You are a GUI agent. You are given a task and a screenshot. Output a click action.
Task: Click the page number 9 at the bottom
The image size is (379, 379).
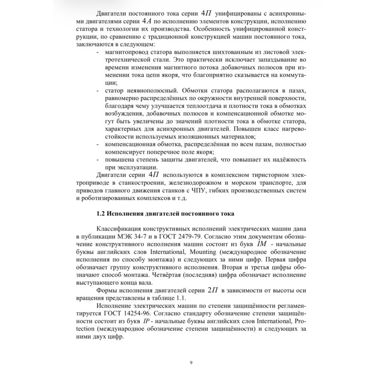(190, 363)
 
